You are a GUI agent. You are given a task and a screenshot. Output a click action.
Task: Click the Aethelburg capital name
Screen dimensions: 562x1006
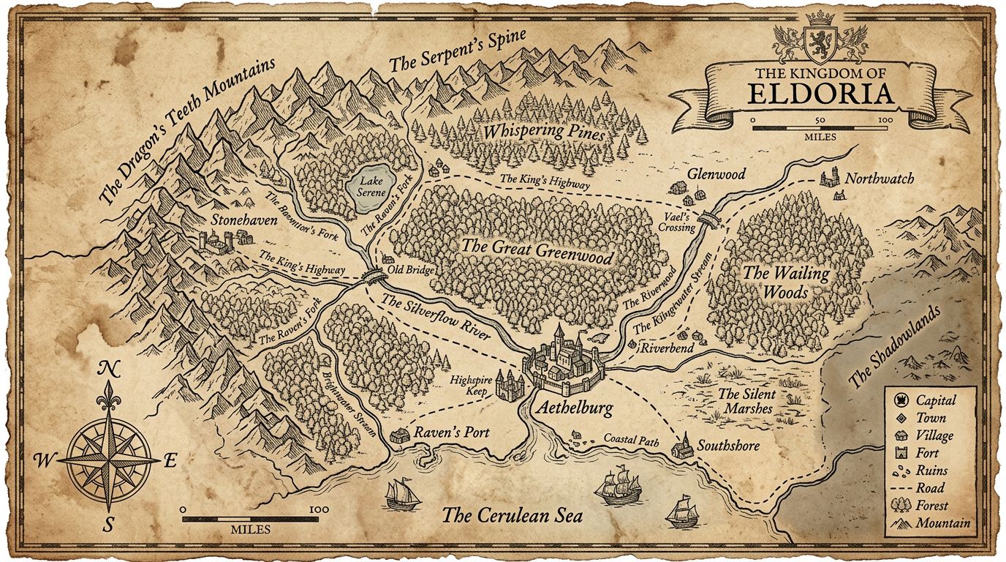coord(575,408)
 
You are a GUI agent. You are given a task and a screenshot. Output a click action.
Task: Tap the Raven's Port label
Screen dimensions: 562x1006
coord(451,432)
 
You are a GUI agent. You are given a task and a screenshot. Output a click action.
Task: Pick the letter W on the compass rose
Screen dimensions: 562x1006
coord(43,460)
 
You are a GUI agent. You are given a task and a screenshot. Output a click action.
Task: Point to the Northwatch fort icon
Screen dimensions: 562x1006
coord(829,179)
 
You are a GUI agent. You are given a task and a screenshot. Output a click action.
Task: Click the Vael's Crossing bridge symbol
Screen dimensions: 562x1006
coord(708,218)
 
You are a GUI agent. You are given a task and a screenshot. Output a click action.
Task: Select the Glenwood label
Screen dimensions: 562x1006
coord(716,174)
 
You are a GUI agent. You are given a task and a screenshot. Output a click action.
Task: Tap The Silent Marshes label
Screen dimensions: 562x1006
coord(746,401)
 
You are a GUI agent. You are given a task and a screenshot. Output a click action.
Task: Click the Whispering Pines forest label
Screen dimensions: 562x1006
coord(542,132)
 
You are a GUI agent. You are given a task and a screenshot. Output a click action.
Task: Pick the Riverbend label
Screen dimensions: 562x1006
coord(667,348)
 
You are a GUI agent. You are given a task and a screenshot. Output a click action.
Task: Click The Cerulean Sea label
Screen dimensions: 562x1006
coord(511,515)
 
